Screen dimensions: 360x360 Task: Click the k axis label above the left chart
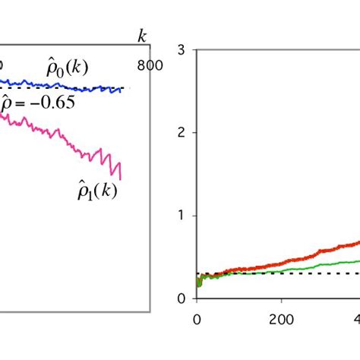pos(141,37)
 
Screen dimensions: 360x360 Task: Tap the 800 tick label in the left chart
pos(150,66)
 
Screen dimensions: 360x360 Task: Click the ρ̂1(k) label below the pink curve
pos(97,191)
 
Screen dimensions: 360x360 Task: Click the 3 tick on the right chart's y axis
pos(182,50)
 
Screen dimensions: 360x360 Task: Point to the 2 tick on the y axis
pos(182,133)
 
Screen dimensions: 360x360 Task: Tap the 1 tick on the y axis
pos(182,216)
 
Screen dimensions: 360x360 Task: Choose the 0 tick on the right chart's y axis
pos(182,298)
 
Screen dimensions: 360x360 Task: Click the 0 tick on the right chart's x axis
pos(197,318)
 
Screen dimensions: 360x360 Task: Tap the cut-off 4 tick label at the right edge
pos(355,318)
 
